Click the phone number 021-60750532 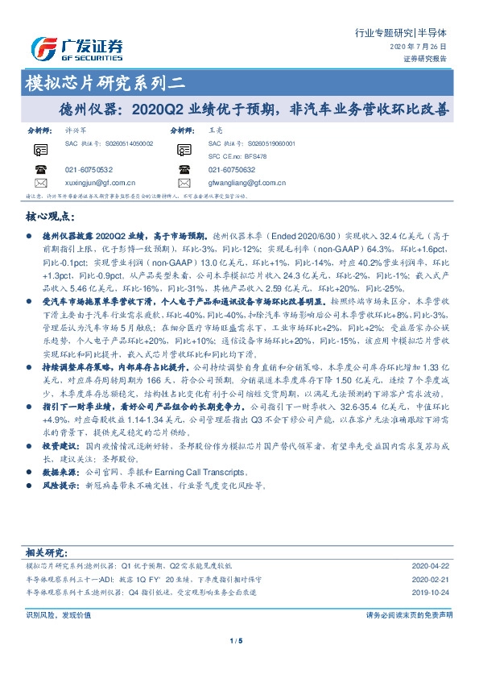(x=89, y=170)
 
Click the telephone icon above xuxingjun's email (x=41, y=169)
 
